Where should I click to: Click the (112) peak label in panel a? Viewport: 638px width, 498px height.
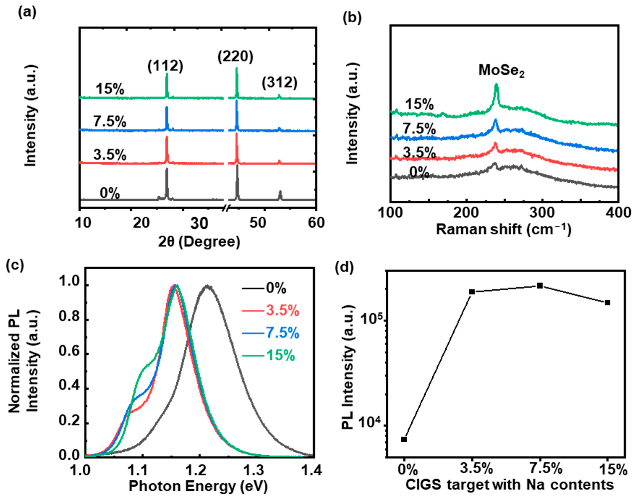pos(165,67)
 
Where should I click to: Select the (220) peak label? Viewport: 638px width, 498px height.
pos(235,56)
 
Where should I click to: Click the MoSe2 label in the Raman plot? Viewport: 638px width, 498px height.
pos(501,70)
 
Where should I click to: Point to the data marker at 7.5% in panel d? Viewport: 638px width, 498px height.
pos(540,286)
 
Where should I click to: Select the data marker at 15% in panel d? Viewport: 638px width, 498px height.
pos(608,303)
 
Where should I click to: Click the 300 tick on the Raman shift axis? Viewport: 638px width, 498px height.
pos(542,213)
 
